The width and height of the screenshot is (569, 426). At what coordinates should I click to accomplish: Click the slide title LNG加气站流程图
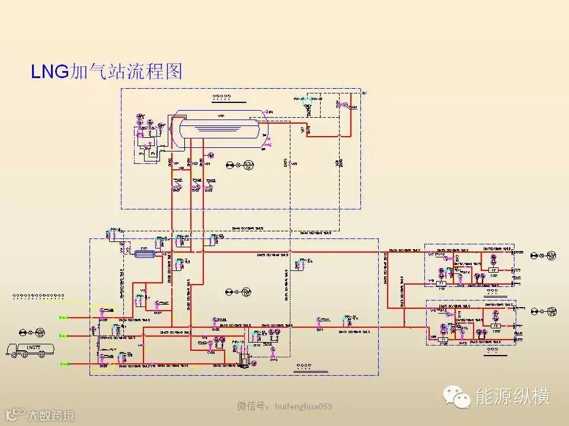point(107,71)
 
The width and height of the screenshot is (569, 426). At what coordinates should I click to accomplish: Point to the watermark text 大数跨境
point(52,415)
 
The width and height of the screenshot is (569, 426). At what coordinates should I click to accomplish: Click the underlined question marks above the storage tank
point(223,95)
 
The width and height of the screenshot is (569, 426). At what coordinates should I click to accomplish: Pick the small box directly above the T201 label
point(493,270)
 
